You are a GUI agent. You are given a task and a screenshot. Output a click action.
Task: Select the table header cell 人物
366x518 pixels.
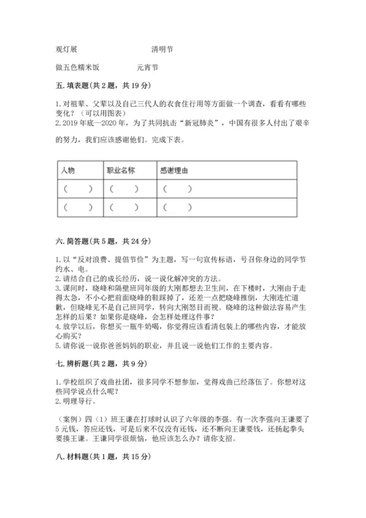coord(69,170)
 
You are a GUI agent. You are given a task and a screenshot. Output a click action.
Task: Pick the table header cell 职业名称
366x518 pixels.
coord(120,170)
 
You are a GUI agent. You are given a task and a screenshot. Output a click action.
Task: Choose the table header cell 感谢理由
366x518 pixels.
coord(173,170)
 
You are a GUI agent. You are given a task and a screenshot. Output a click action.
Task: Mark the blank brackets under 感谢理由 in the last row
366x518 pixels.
coord(179,207)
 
